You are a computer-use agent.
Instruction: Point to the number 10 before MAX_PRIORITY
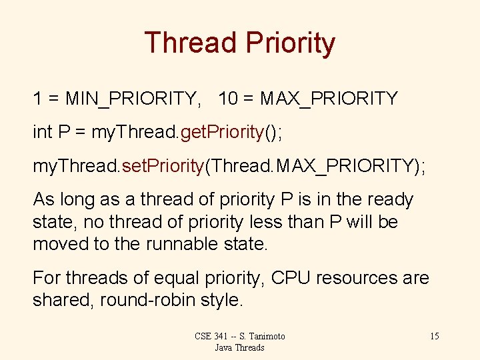pos(227,99)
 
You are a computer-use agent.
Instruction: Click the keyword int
pos(41,132)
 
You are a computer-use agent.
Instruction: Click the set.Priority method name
pos(161,166)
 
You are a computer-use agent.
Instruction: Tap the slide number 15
pos(434,336)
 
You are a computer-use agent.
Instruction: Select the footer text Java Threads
pos(240,347)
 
